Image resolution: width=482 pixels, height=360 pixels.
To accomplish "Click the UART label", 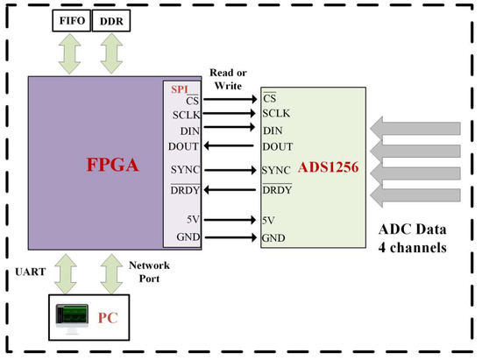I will click(27, 273).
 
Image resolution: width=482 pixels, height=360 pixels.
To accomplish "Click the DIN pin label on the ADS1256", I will click(272, 130).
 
